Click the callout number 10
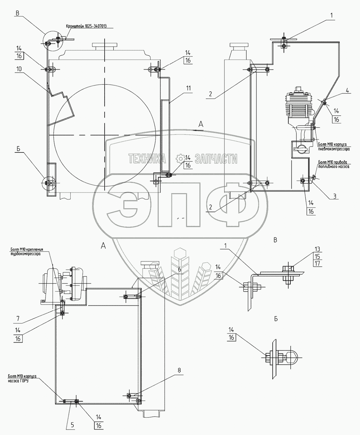coord(18,69)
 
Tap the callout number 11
coord(188,88)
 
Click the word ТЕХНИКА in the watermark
coord(146,159)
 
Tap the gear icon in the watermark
coord(180,159)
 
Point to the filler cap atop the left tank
coord(105,46)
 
